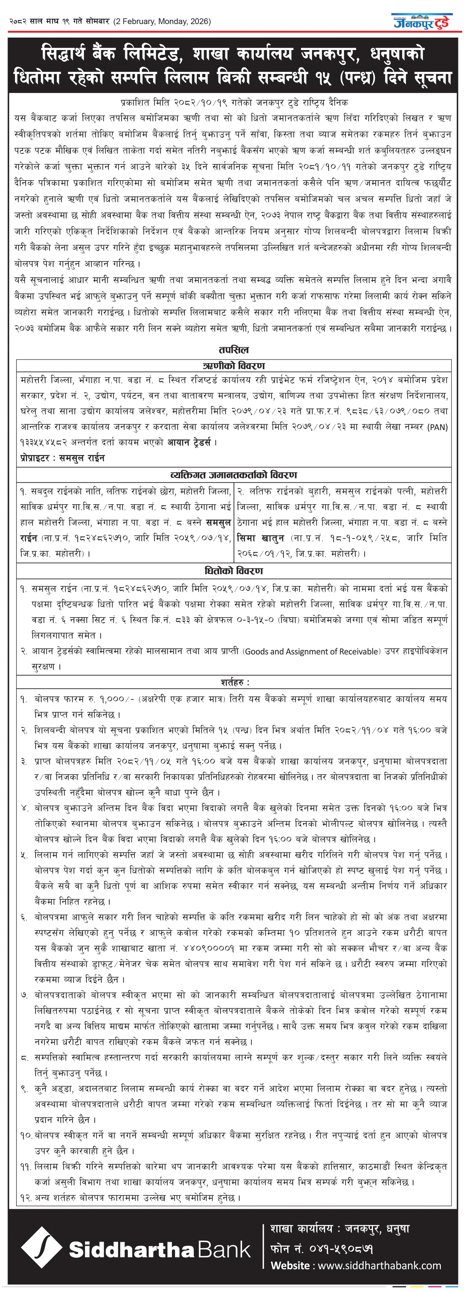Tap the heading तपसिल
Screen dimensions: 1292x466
tap(233, 350)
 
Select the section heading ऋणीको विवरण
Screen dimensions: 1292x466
tap(233, 366)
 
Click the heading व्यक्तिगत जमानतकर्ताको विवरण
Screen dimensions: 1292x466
tap(233, 474)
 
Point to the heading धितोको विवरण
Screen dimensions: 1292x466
tap(233, 571)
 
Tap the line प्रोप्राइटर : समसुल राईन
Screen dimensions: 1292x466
tap(62, 458)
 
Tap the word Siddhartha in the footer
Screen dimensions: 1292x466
tap(131, 1250)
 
